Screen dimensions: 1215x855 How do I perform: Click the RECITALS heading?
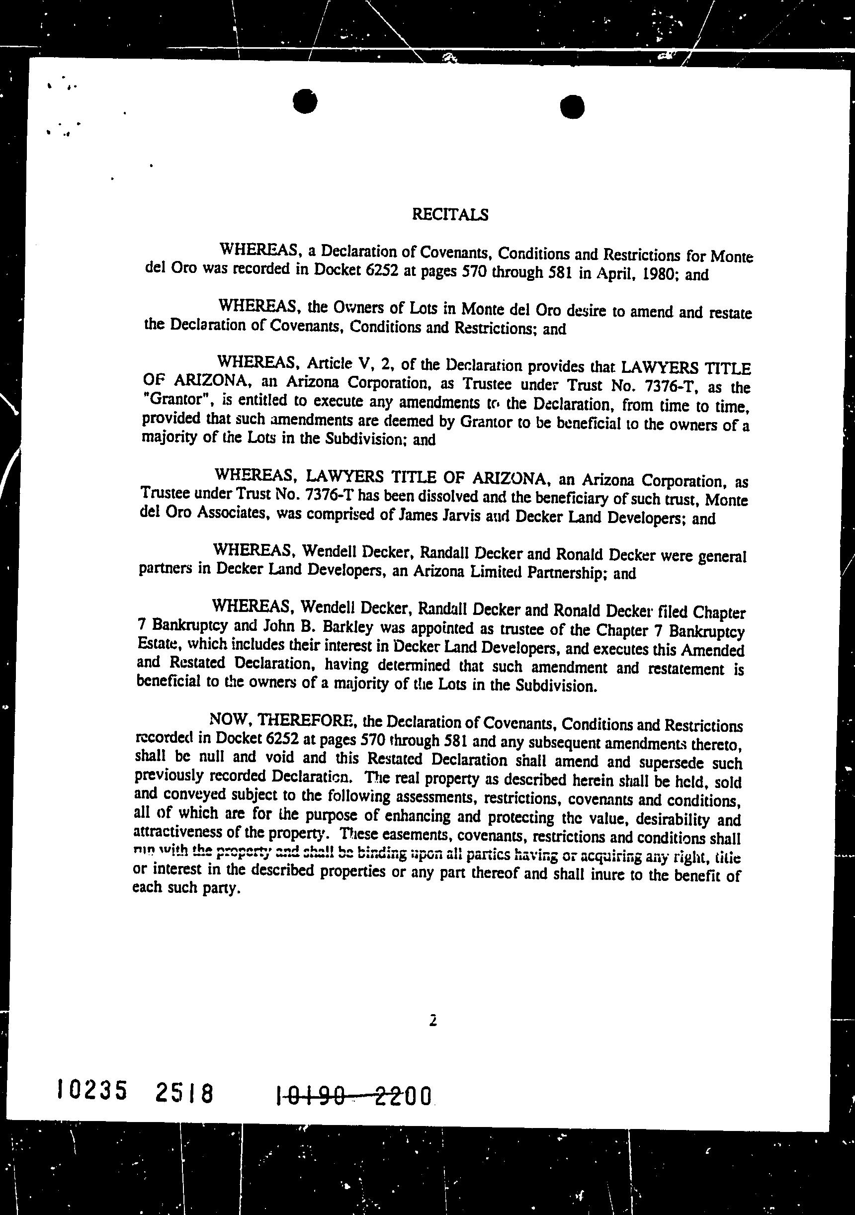pos(450,214)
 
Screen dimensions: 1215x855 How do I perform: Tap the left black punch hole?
pos(305,101)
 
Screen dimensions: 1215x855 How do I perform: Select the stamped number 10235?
pos(92,1090)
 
